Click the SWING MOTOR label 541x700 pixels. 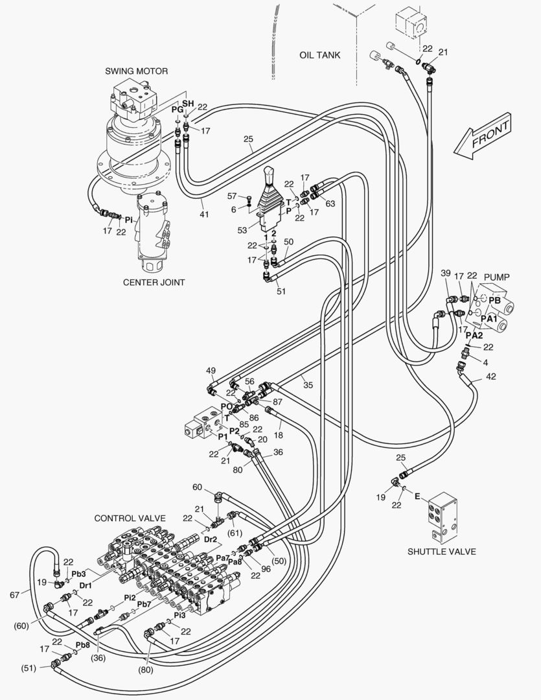pos(137,71)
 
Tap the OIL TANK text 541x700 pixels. pos(319,54)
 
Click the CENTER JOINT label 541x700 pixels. pos(154,282)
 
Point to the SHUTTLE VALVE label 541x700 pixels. pos(441,552)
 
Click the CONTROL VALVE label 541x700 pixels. pos(130,518)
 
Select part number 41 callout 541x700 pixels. pos(203,214)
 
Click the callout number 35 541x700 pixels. pos(308,385)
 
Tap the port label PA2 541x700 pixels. pos(475,335)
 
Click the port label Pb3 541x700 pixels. pos(78,574)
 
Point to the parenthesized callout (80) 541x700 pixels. pos(145,670)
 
